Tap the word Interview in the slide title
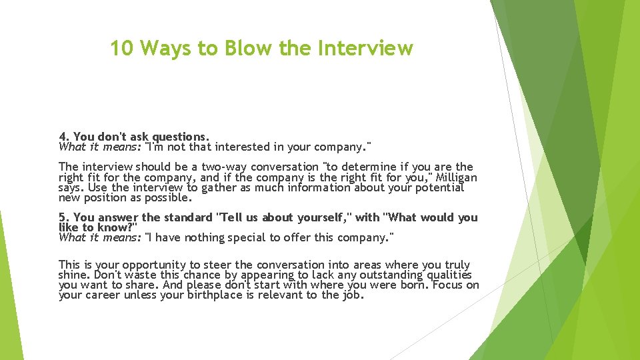365,48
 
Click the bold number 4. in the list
64,137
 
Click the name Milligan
455,178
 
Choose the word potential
437,188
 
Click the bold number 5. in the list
64,218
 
